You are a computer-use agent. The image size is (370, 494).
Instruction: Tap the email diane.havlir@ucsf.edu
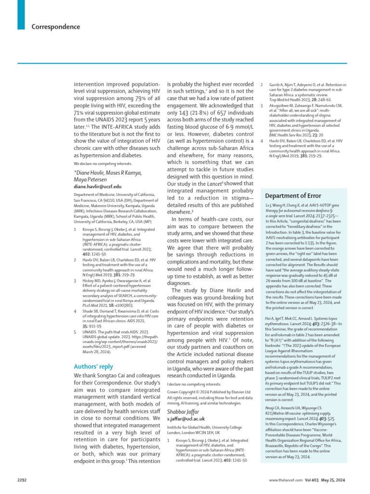[97, 186]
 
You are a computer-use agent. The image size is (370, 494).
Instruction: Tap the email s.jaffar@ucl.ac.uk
[186, 419]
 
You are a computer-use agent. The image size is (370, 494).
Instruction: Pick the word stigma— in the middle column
[243, 198]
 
